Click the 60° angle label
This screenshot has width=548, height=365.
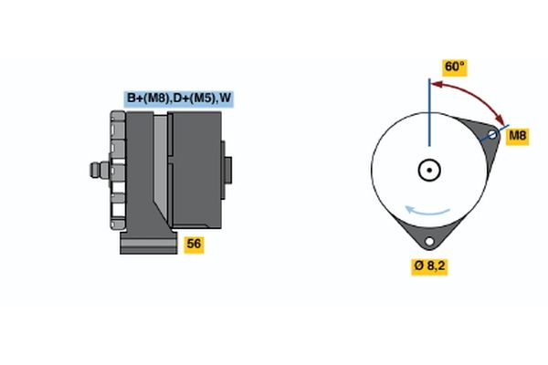tap(454, 68)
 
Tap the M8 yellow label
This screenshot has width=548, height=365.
tap(517, 136)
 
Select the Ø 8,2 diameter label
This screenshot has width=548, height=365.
tap(430, 266)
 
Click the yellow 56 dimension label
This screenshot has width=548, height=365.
tap(194, 244)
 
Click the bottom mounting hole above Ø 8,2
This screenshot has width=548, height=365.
tap(428, 242)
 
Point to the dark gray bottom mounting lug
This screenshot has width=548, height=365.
tap(428, 235)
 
